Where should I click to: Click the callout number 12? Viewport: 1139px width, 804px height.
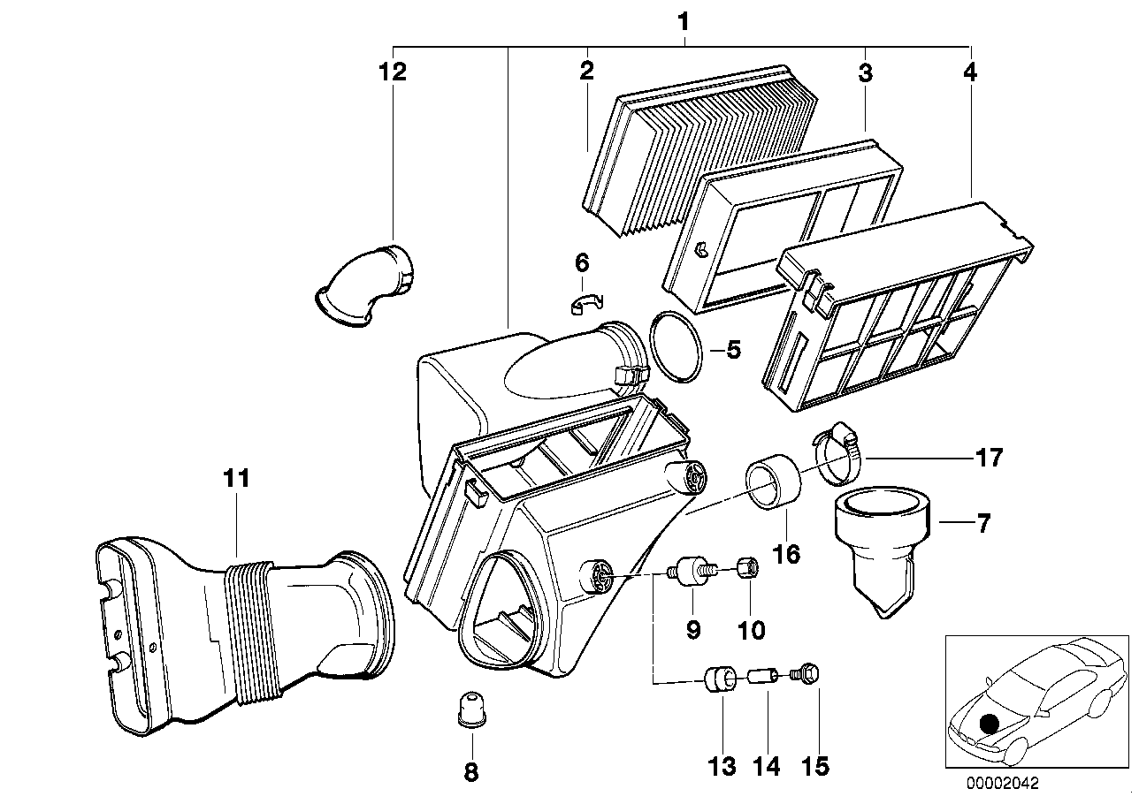pyautogui.click(x=393, y=72)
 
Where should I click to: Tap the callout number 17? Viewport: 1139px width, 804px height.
pyautogui.click(x=990, y=458)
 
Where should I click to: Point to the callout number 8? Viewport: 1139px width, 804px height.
pyautogui.click(x=470, y=772)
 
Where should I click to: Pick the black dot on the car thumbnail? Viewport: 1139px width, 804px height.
pyautogui.click(x=990, y=722)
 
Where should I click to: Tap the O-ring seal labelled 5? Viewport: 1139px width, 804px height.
pyautogui.click(x=677, y=348)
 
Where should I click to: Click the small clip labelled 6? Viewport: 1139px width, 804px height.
pyautogui.click(x=584, y=303)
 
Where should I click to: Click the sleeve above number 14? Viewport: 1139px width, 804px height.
pyautogui.click(x=761, y=679)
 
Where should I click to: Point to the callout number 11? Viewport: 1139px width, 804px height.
pyautogui.click(x=236, y=479)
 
